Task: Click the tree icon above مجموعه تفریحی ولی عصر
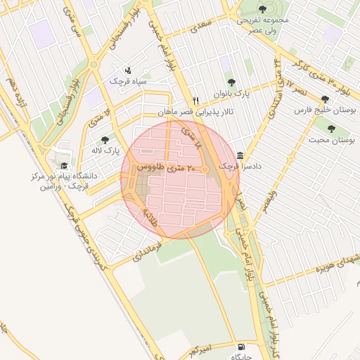(262, 9)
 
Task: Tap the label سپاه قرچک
(127, 82)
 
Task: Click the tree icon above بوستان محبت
(331, 128)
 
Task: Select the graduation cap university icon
(65, 166)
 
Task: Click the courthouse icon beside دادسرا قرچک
(241, 155)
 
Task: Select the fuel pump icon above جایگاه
(242, 347)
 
